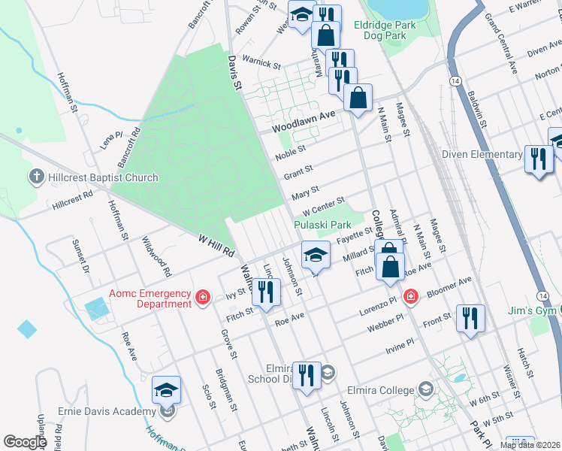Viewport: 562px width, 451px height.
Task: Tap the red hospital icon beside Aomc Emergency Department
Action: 201,298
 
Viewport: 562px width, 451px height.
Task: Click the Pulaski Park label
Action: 324,225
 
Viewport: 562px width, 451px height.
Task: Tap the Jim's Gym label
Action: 534,311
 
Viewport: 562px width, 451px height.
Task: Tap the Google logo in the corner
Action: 25,442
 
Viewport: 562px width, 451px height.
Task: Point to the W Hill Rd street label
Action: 218,245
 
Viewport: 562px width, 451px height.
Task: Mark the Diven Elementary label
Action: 482,155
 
